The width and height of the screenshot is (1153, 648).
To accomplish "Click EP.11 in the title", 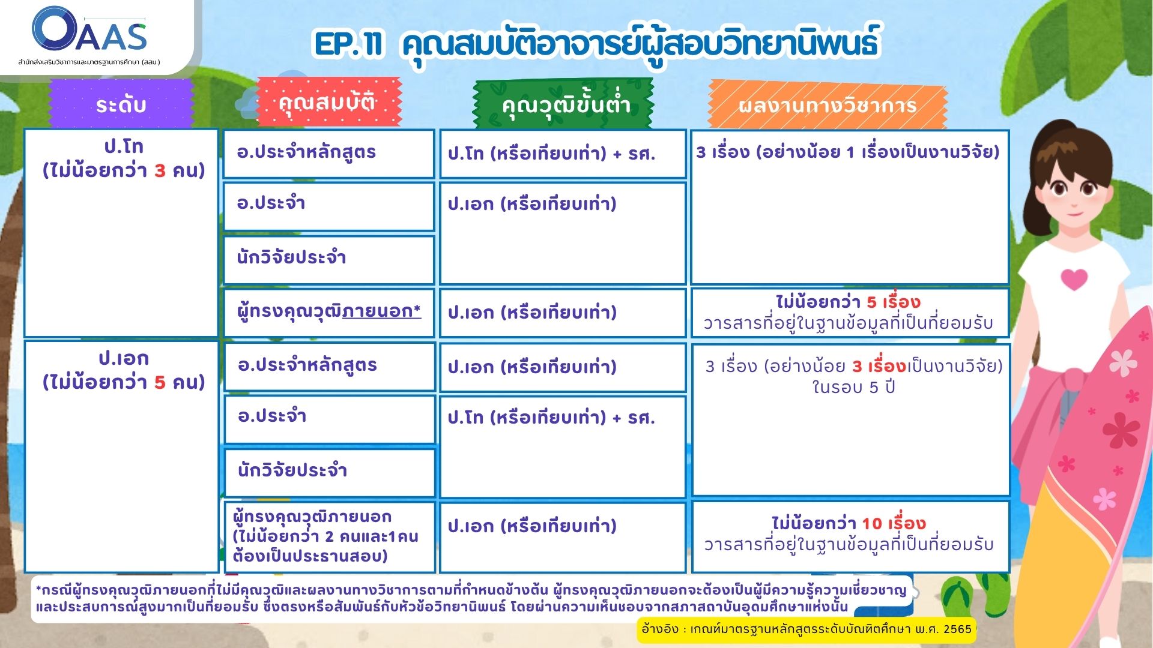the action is tap(349, 44).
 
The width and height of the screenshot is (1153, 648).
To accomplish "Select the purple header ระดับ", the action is tap(121, 104).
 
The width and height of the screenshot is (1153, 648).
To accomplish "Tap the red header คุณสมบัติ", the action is tap(328, 101).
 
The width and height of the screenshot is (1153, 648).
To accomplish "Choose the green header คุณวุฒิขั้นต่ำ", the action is tap(564, 104).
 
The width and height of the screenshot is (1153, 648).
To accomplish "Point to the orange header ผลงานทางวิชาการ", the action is tap(828, 105).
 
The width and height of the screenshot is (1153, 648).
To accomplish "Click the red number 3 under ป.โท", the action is tap(159, 170).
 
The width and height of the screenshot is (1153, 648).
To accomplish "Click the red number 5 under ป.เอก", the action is tap(159, 382).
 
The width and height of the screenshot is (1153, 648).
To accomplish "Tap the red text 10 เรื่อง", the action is tap(894, 523).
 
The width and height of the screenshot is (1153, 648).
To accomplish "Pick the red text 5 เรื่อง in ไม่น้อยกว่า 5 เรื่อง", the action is tap(893, 302).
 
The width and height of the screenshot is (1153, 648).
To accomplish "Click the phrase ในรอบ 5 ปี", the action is tap(853, 387).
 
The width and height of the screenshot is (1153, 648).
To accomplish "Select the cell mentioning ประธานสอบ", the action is tap(330, 537).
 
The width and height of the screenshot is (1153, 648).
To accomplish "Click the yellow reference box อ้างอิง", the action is tap(806, 629).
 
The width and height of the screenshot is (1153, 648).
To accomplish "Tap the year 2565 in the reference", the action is tap(957, 629).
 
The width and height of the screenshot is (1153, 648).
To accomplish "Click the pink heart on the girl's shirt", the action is tap(1074, 279).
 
